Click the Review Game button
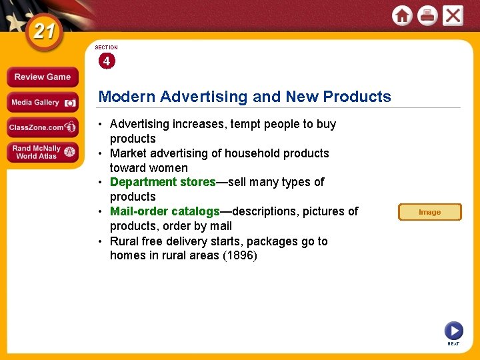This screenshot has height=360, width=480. [x=42, y=77]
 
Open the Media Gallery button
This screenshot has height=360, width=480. [x=42, y=103]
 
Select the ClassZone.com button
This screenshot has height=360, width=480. [x=42, y=127]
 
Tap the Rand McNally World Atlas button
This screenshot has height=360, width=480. [x=42, y=152]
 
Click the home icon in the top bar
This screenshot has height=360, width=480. [x=402, y=15]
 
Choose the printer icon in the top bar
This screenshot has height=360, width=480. [x=427, y=15]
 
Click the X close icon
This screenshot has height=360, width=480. [x=453, y=15]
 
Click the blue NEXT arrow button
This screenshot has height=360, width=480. [x=453, y=330]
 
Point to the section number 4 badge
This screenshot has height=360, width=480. [x=106, y=61]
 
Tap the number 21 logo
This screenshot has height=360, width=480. [x=44, y=32]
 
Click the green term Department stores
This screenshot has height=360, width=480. [x=163, y=182]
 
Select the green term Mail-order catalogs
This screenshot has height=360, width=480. [x=165, y=211]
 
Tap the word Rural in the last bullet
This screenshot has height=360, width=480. [x=125, y=241]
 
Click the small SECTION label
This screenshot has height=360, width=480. [x=106, y=48]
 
